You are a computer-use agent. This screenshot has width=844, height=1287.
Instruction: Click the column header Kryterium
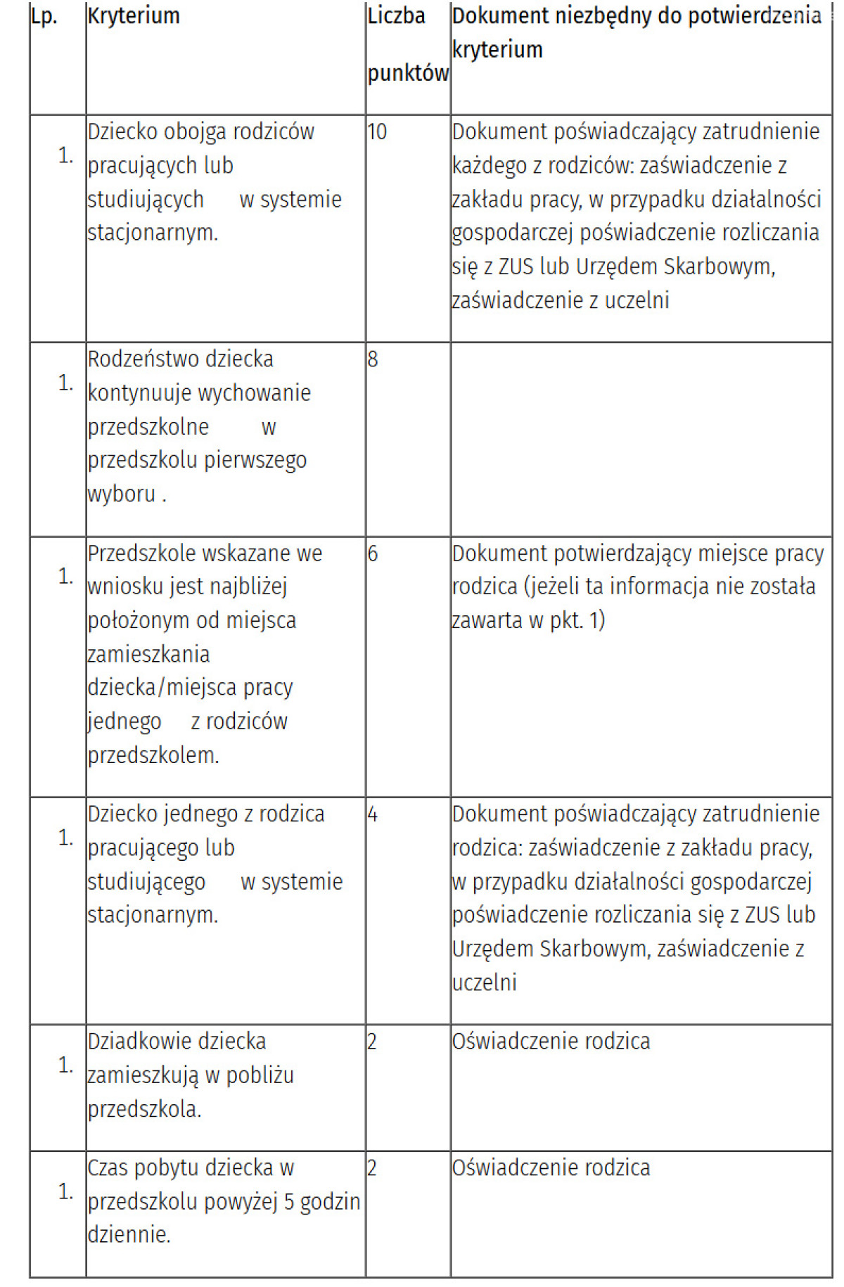[x=134, y=16]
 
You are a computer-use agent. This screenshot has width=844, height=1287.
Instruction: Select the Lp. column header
[x=44, y=16]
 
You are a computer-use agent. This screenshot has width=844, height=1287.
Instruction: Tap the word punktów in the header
[x=408, y=73]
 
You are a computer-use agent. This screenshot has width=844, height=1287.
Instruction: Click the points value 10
[x=377, y=132]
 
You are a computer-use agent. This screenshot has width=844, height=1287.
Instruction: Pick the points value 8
[x=373, y=359]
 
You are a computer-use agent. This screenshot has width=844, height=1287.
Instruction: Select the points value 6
[x=373, y=554]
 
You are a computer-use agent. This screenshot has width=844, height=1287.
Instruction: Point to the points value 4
[x=373, y=814]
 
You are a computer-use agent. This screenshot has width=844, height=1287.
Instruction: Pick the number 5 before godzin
[x=288, y=1203]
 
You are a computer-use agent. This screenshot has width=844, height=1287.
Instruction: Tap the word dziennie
[x=129, y=1235]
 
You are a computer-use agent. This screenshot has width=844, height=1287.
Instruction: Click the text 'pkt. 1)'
[x=577, y=620]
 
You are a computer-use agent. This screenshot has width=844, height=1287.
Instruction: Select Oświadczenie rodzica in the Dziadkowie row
[x=551, y=1042]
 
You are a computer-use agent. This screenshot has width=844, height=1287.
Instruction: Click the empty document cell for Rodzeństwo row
[x=640, y=440]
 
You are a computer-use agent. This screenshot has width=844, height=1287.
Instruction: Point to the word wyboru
[x=122, y=494]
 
